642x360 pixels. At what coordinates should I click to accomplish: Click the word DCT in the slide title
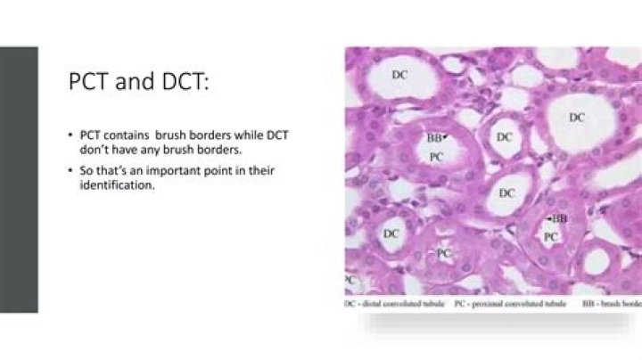181,82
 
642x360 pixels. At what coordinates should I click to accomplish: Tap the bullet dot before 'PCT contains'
70,134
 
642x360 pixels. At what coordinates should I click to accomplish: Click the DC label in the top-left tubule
400,76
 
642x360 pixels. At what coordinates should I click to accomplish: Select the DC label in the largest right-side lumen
578,118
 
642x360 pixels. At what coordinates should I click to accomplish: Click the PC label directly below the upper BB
437,156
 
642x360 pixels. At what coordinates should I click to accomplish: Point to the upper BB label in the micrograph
433,138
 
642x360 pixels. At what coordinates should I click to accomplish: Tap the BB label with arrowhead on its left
559,218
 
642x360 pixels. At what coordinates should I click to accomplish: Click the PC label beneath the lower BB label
551,236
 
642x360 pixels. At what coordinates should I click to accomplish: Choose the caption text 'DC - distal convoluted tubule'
396,303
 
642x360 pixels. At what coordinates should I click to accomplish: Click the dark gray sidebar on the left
19,179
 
